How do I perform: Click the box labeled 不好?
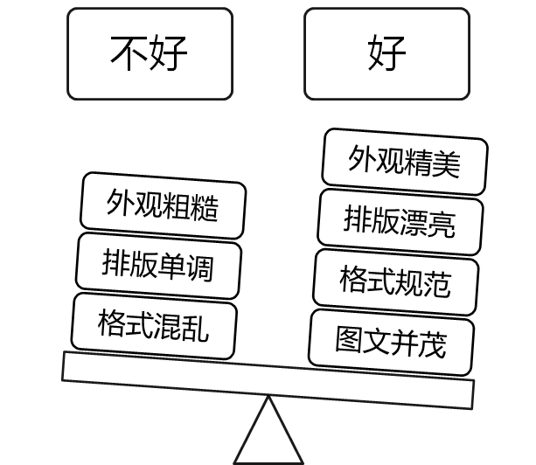click(x=150, y=53)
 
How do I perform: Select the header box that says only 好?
click(x=386, y=53)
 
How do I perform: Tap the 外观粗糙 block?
click(x=163, y=205)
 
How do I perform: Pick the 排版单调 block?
click(x=158, y=263)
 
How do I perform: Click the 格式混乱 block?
click(x=154, y=325)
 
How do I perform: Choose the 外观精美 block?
click(x=404, y=162)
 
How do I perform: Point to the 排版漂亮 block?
click(x=400, y=219)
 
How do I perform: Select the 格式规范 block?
click(x=395, y=281)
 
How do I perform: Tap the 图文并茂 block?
click(x=391, y=341)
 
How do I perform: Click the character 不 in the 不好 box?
click(x=129, y=53)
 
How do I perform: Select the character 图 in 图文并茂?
click(x=350, y=338)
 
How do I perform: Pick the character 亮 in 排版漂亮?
click(x=442, y=223)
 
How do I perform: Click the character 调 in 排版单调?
click(x=200, y=266)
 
